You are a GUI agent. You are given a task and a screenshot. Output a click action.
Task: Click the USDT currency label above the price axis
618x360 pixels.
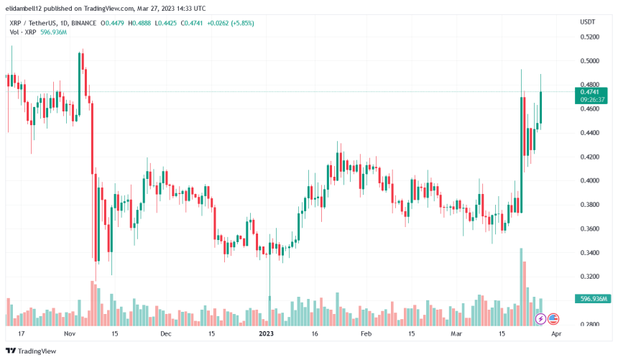(588, 22)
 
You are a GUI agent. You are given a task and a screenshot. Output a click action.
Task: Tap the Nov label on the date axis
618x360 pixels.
(70, 334)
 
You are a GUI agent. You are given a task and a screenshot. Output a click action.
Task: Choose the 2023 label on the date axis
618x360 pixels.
(266, 334)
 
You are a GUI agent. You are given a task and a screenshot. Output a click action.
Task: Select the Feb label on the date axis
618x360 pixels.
(366, 334)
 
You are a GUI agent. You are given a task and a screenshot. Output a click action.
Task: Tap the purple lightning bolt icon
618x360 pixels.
(540, 318)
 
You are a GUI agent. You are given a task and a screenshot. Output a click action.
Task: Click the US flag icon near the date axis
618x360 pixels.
(553, 318)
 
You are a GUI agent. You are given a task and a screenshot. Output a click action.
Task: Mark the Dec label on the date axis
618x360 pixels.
(166, 334)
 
